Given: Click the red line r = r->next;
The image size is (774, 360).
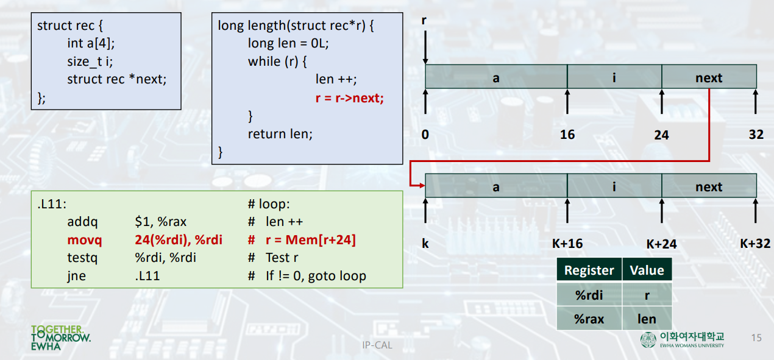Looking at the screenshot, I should pyautogui.click(x=349, y=97).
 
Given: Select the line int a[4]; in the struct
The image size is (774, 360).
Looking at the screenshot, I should pyautogui.click(x=91, y=43).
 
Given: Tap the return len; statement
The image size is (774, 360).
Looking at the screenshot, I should pyautogui.click(x=280, y=133).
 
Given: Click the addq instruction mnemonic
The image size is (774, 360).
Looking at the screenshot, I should pyautogui.click(x=82, y=222).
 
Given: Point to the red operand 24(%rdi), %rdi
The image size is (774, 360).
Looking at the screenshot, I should pyautogui.click(x=178, y=240).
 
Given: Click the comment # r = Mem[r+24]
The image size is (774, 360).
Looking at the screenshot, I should pyautogui.click(x=302, y=240).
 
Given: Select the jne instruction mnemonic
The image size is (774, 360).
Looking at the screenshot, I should pyautogui.click(x=76, y=276).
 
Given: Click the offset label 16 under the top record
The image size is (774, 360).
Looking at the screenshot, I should pyautogui.click(x=567, y=135).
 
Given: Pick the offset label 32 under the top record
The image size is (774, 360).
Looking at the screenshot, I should pyautogui.click(x=756, y=135).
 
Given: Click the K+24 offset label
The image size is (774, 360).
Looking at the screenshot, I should pyautogui.click(x=661, y=244).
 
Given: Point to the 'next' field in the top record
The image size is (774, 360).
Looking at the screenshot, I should pyautogui.click(x=709, y=77).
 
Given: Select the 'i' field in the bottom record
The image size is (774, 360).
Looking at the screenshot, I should pyautogui.click(x=614, y=186).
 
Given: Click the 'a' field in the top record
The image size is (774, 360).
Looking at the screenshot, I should pyautogui.click(x=496, y=77).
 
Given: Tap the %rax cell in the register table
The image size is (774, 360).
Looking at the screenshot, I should pyautogui.click(x=589, y=319).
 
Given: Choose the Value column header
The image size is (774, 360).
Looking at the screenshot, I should pyautogui.click(x=647, y=270).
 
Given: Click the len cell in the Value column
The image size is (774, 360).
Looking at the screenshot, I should pyautogui.click(x=647, y=319).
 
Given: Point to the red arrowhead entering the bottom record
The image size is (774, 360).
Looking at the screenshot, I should pyautogui.click(x=421, y=186).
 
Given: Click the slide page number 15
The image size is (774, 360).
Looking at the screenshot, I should pyautogui.click(x=756, y=337).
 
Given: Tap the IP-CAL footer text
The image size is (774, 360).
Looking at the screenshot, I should pyautogui.click(x=377, y=345).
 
